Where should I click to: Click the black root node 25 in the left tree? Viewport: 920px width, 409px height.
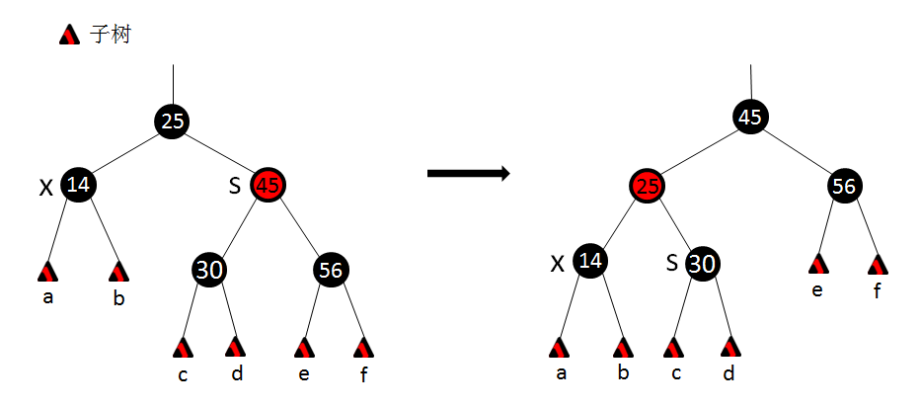pyautogui.click(x=172, y=121)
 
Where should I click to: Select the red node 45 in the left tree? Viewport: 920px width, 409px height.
pyautogui.click(x=269, y=185)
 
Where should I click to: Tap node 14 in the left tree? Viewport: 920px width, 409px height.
pyautogui.click(x=78, y=185)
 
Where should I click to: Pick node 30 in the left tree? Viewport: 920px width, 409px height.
pyautogui.click(x=208, y=270)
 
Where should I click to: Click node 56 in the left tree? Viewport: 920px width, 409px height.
pyautogui.click(x=332, y=270)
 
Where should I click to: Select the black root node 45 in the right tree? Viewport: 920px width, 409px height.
pyautogui.click(x=750, y=118)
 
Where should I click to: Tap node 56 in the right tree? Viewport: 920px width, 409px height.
pyautogui.click(x=844, y=186)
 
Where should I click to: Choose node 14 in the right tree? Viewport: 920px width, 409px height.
pyautogui.click(x=590, y=262)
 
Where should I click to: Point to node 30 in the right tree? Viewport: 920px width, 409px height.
pyautogui.click(x=702, y=263)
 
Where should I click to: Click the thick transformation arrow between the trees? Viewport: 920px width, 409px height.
pyautogui.click(x=468, y=174)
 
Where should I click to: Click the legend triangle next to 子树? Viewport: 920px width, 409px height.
pyautogui.click(x=69, y=36)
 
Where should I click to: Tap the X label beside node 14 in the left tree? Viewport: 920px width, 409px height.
pyautogui.click(x=45, y=188)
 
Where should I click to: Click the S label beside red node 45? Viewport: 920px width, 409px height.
pyautogui.click(x=235, y=185)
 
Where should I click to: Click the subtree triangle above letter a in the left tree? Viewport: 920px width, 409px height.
pyautogui.click(x=47, y=271)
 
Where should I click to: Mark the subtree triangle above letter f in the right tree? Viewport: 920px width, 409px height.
pyautogui.click(x=878, y=265)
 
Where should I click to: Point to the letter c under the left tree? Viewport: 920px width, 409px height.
pyautogui.click(x=183, y=375)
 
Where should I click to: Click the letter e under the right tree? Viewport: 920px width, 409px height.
pyautogui.click(x=817, y=290)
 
